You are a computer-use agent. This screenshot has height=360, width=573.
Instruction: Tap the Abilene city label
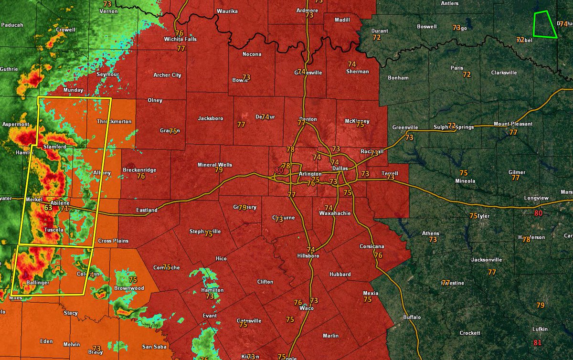(x=60, y=203)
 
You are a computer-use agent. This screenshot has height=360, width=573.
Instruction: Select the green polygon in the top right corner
(x=545, y=25)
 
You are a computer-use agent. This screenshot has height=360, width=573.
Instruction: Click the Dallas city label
(x=340, y=169)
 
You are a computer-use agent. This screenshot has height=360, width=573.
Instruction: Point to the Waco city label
(x=306, y=308)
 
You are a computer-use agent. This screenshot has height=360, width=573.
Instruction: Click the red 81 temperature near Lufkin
(x=538, y=343)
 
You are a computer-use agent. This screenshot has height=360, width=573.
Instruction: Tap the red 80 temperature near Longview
(x=538, y=213)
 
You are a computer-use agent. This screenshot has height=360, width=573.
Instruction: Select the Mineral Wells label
(x=215, y=165)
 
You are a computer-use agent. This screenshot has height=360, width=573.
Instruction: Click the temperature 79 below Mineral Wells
(x=219, y=170)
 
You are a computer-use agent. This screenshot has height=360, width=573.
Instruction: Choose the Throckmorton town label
(x=114, y=121)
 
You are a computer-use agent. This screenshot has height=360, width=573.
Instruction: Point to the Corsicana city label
(x=372, y=247)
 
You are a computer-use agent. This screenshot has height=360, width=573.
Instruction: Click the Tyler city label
(x=483, y=216)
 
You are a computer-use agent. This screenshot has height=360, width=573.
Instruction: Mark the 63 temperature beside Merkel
(x=48, y=208)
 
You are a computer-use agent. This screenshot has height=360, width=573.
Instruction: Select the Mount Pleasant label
(x=509, y=124)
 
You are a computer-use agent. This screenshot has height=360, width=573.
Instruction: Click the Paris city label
(x=457, y=68)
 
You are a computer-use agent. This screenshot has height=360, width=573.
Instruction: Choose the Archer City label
(x=167, y=75)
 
